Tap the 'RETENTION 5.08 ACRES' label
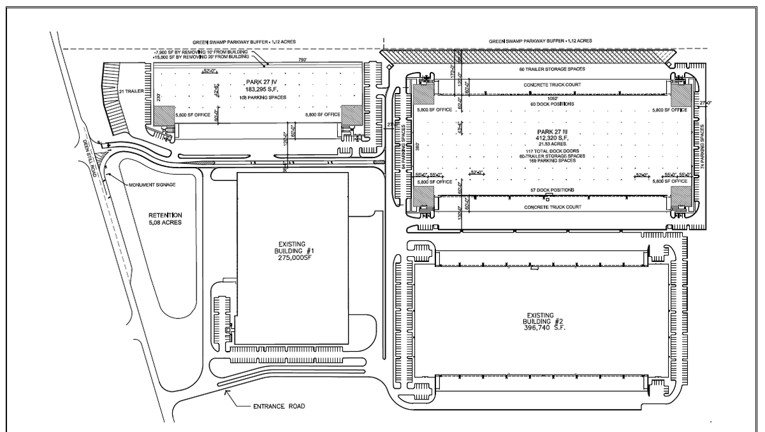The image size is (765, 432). pos(166,219)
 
